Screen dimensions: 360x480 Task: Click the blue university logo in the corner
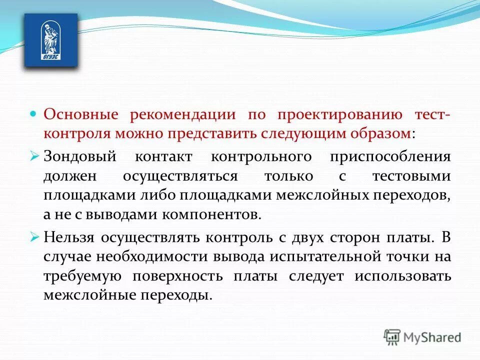[51, 40]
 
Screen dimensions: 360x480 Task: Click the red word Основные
[80, 114]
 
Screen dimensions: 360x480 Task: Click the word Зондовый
[80, 156]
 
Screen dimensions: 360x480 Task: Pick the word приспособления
[390, 156]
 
